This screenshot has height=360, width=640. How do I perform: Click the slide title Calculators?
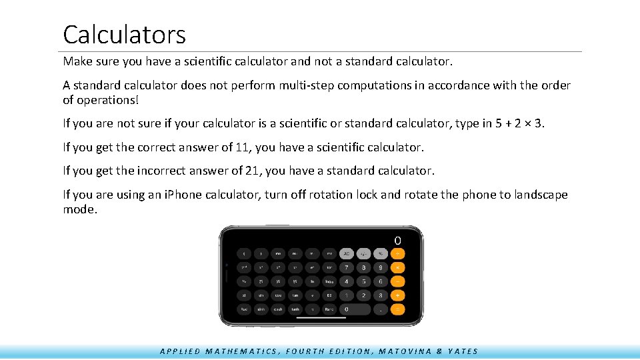click(124, 34)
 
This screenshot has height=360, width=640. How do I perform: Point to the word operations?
click(107, 99)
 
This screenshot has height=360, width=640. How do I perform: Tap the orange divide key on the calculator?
click(397, 253)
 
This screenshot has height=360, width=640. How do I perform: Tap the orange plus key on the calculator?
click(397, 295)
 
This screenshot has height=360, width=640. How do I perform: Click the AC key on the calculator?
click(346, 253)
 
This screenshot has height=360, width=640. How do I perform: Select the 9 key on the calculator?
click(380, 267)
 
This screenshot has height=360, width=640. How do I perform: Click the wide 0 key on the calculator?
click(355, 309)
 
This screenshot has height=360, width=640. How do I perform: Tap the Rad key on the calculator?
click(244, 309)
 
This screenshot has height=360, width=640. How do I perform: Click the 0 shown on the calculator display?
click(397, 240)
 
